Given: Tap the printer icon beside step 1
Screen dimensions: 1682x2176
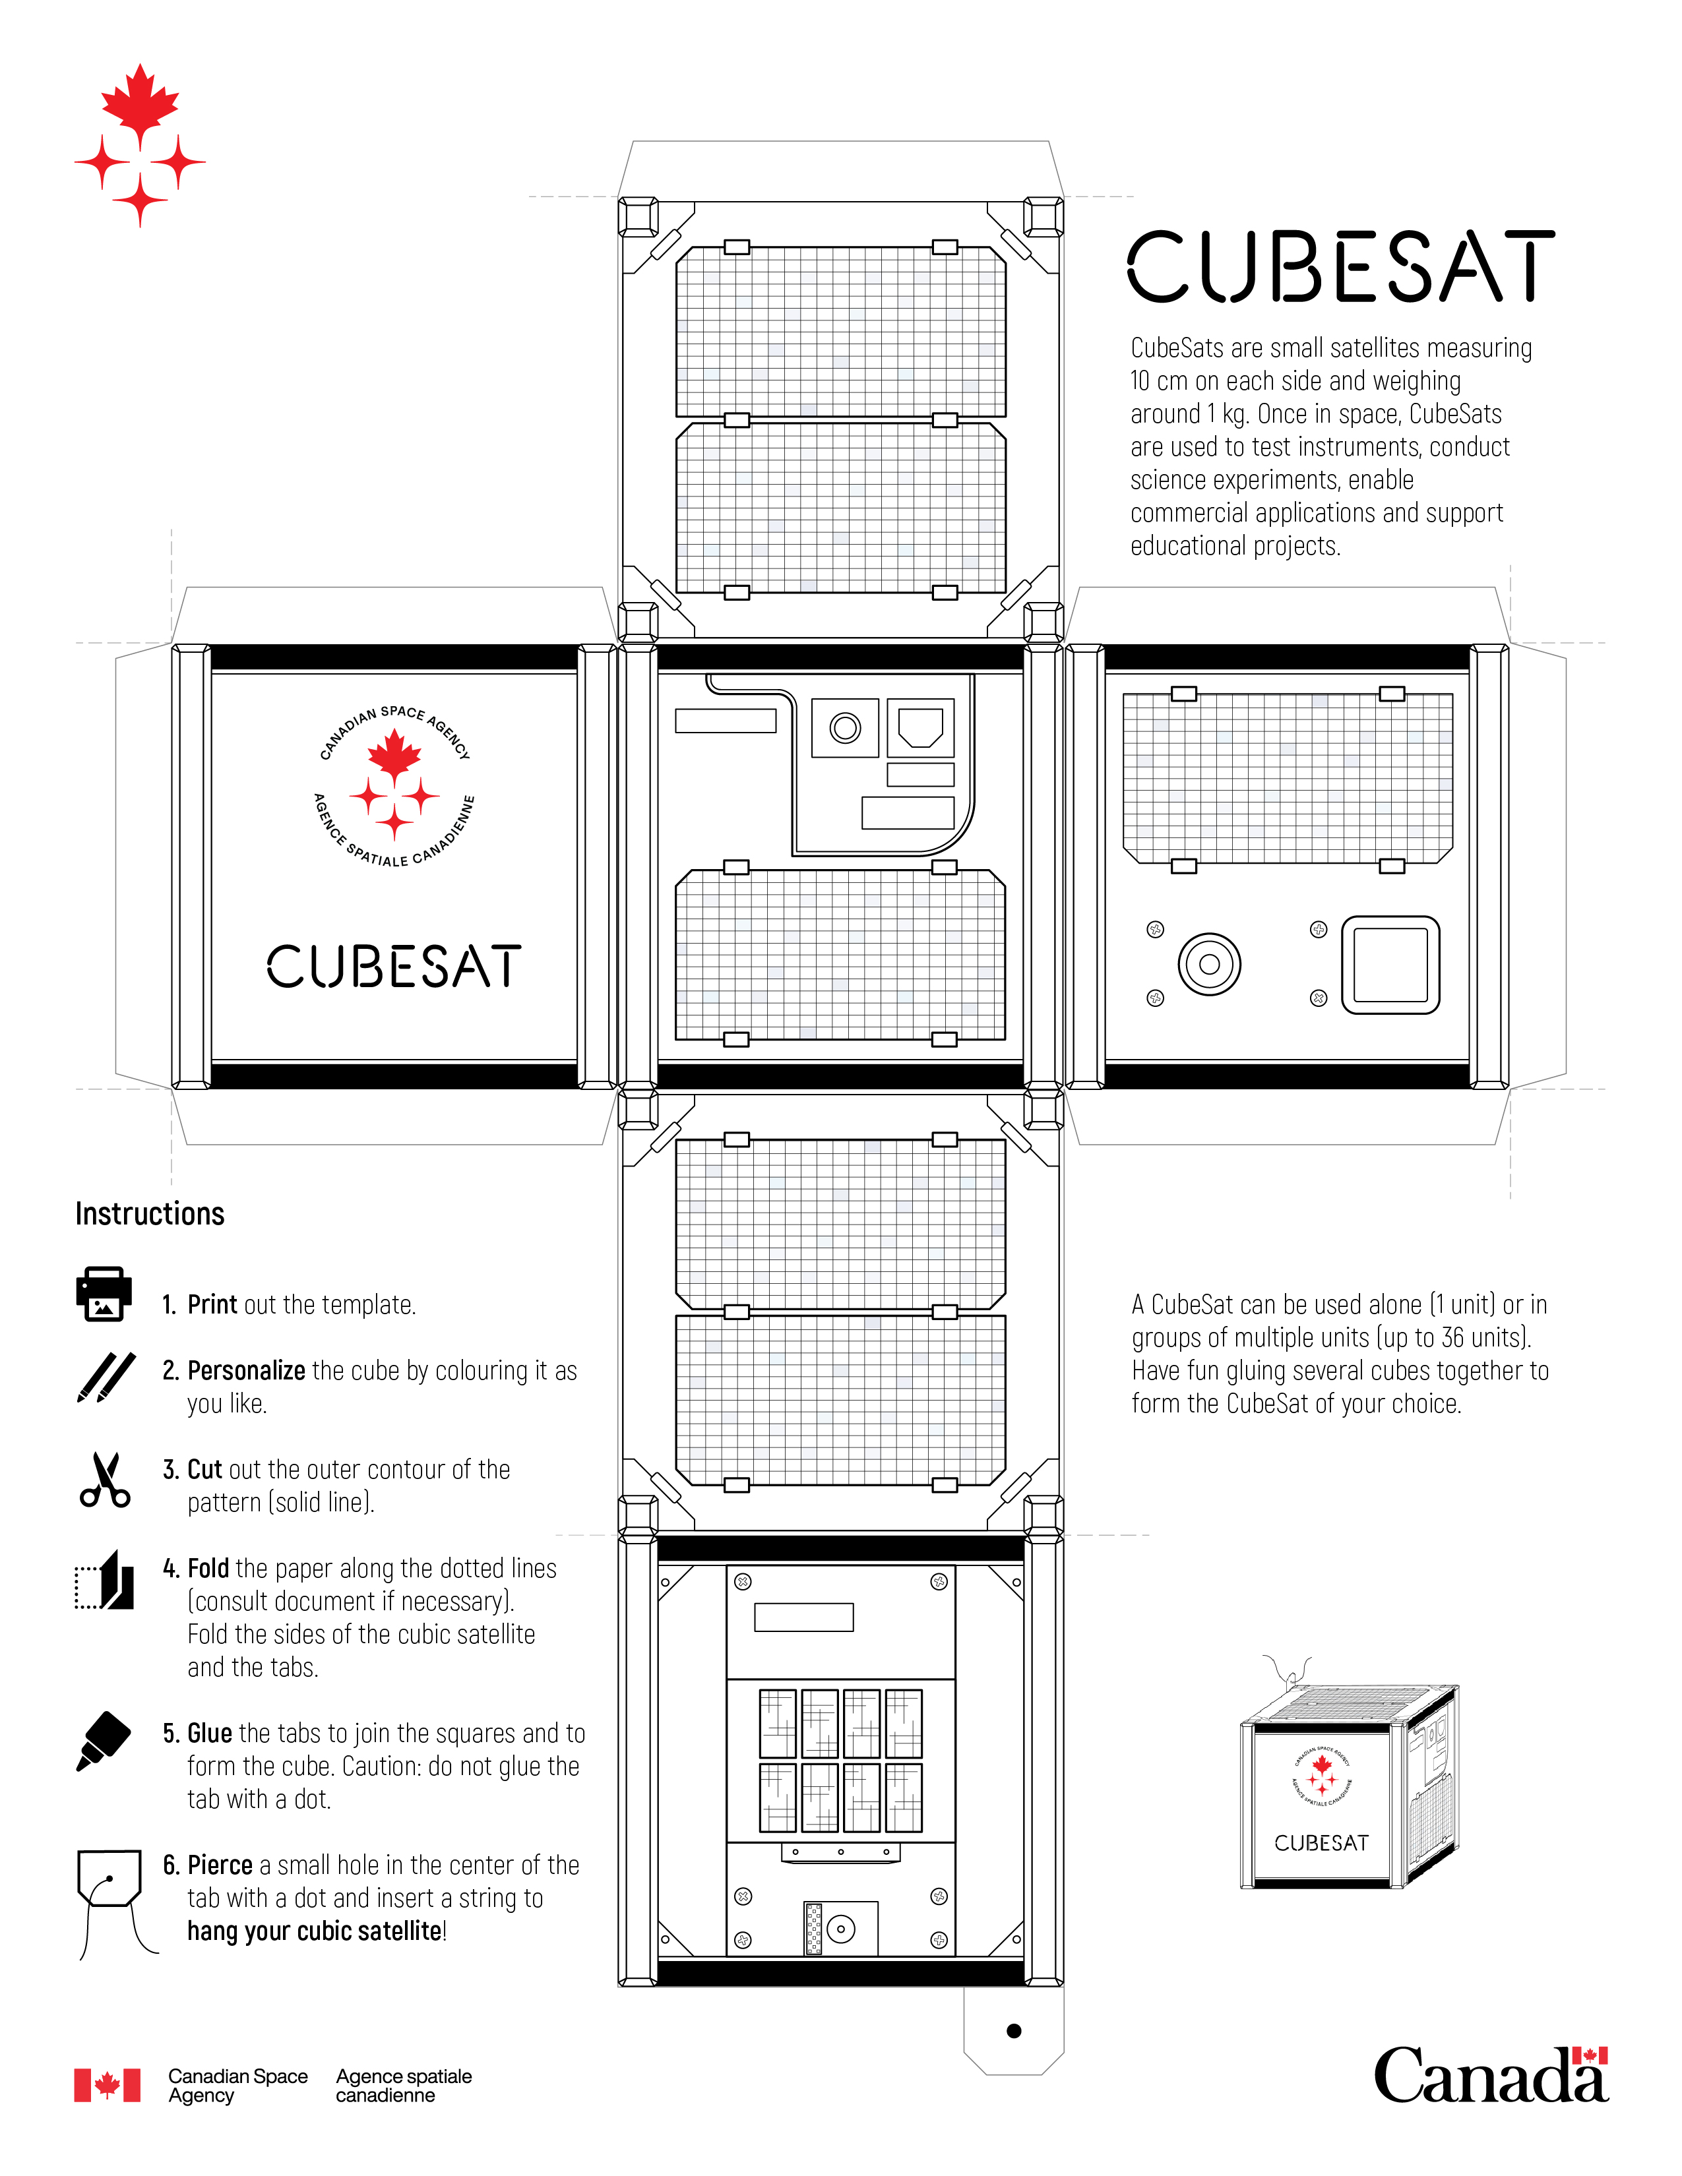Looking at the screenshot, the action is [x=104, y=1294].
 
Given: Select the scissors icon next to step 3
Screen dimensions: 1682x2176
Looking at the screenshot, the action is [x=105, y=1480].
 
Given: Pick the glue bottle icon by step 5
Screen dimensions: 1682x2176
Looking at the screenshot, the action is [x=104, y=1741].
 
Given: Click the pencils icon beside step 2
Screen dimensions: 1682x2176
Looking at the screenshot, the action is [x=106, y=1377].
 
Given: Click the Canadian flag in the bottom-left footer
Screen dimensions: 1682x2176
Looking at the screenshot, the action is [x=107, y=2085].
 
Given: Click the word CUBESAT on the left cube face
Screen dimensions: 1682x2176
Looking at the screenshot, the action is [x=394, y=967].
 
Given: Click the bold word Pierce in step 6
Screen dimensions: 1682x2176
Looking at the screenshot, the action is [x=220, y=1865].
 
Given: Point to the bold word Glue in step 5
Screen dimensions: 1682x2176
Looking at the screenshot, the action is [x=209, y=1734].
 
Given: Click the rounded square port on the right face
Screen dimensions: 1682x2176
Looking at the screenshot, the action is [x=1390, y=965].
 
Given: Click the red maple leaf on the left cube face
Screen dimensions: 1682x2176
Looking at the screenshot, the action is [x=394, y=754].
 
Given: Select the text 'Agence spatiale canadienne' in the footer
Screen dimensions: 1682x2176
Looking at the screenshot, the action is [x=404, y=2085].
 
